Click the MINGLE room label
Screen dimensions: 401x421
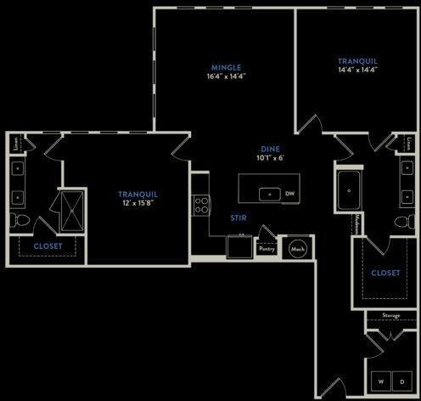(x=227, y=67)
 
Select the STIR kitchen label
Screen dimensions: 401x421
(x=239, y=217)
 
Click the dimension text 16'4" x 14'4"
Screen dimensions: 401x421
(x=227, y=76)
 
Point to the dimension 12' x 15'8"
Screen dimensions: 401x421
(x=138, y=204)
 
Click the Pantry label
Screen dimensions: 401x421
(x=267, y=249)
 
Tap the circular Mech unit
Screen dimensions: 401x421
(x=297, y=249)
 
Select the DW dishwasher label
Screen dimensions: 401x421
(x=289, y=194)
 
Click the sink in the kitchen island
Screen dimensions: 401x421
(x=270, y=195)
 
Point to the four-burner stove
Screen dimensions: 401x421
(x=201, y=205)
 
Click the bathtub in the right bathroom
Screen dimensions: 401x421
(x=349, y=192)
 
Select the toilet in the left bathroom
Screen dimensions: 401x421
(x=21, y=222)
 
